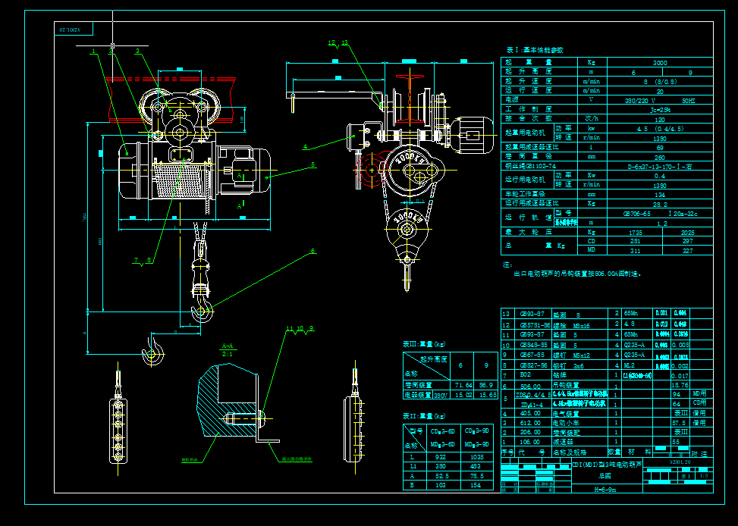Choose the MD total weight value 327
(687, 250)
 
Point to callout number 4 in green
(305, 146)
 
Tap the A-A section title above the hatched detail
(227, 346)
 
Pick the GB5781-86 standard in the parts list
(532, 324)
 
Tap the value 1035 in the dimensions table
(477, 457)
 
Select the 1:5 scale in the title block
(704, 476)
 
